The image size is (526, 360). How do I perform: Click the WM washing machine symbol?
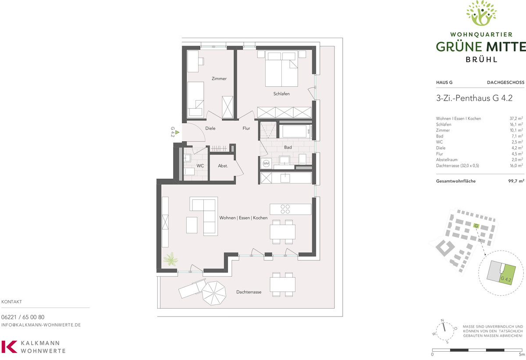[266, 163]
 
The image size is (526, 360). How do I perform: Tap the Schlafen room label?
[281, 94]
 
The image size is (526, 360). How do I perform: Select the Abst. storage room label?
[223, 166]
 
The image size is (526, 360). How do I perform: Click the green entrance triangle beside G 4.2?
[177, 132]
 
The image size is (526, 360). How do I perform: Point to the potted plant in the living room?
[171, 259]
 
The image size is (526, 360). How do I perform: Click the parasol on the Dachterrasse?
[214, 293]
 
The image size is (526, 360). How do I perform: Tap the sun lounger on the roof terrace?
[192, 289]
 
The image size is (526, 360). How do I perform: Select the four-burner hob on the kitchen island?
[285, 209]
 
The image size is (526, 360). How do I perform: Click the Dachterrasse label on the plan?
[249, 292]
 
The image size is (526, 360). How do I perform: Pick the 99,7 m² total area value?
[516, 181]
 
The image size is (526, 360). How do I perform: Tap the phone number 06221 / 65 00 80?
[23, 317]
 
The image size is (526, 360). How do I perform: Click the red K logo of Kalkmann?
[9, 346]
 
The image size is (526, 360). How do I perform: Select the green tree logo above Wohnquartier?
[481, 13]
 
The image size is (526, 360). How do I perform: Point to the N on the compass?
[442, 320]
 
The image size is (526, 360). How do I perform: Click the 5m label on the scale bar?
[522, 354]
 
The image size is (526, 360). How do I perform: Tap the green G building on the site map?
[476, 226]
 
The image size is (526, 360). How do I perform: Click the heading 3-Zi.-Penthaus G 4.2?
[474, 98]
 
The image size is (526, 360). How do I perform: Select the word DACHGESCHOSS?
[505, 82]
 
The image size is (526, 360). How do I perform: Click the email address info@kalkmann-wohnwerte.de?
[41, 325]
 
